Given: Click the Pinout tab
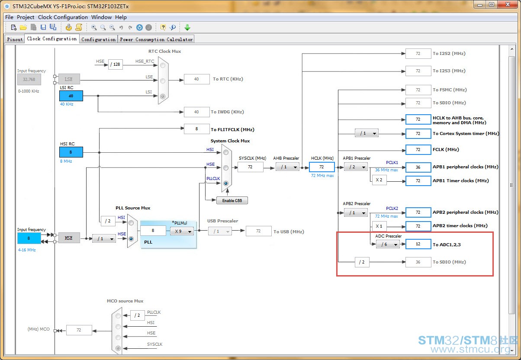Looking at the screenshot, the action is (15, 39).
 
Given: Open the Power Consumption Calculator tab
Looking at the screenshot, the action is (156, 39).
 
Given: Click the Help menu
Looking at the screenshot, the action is (121, 17).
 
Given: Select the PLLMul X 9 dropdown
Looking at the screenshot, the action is (182, 231).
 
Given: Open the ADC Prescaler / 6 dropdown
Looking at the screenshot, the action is (387, 244).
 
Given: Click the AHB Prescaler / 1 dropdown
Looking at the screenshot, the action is (287, 167).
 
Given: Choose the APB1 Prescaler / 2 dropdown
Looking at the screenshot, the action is (356, 167).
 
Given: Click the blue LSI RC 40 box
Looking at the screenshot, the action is (71, 96).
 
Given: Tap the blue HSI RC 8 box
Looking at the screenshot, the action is (71, 152).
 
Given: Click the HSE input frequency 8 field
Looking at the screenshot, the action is (29, 238).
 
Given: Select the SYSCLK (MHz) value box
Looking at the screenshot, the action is (250, 167).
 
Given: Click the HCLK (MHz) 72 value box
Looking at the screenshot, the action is (322, 167).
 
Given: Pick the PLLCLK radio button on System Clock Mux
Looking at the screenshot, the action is (225, 183).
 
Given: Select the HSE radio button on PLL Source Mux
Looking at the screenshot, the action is (131, 239).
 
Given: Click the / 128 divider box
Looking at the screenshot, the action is (116, 64).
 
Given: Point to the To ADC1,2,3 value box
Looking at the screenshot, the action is (418, 244).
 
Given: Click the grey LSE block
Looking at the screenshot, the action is (69, 79).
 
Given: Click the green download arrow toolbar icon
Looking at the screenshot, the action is (187, 27).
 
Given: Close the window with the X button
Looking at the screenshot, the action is (508, 4).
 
